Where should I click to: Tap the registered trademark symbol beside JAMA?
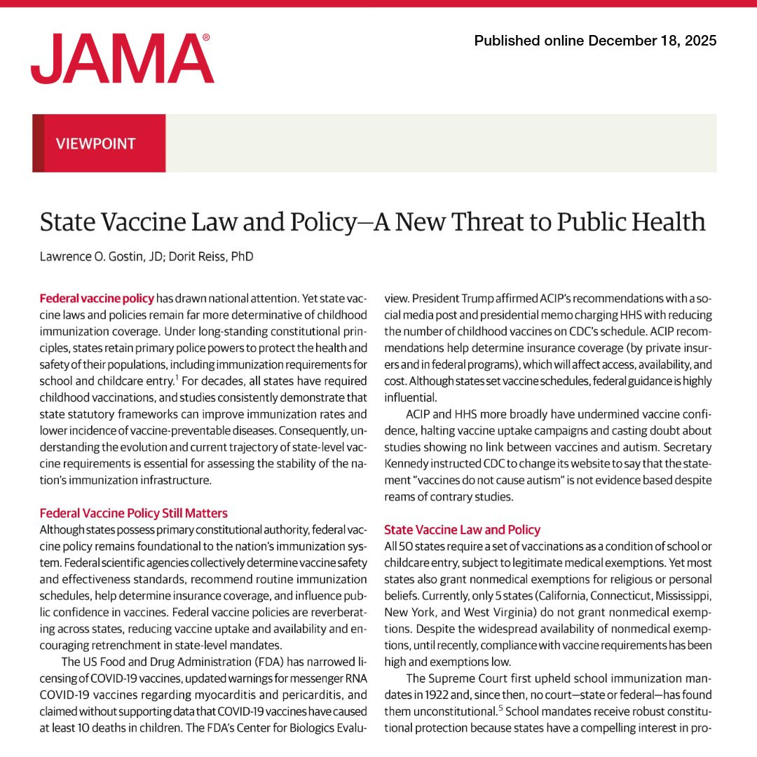(206, 38)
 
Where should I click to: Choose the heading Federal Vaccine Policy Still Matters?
(133, 513)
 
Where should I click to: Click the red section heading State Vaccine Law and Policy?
(462, 530)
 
